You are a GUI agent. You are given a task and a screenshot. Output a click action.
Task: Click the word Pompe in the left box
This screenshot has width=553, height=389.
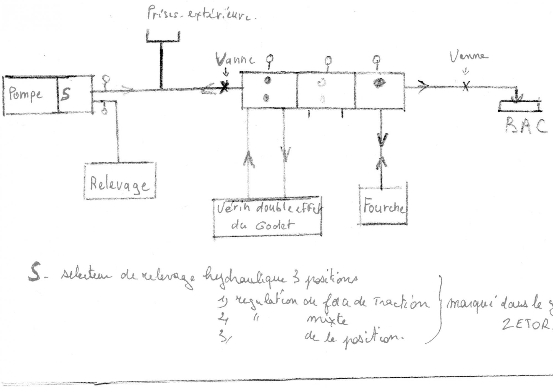[x=26, y=94]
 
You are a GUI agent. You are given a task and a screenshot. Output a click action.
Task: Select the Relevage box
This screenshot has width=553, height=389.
[x=120, y=181]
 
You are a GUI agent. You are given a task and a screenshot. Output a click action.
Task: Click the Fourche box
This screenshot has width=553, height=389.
[x=383, y=206]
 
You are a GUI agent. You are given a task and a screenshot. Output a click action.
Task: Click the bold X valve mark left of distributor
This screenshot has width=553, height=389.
[x=224, y=88]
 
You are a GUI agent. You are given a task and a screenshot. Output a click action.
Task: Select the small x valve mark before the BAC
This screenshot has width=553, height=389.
[x=466, y=87]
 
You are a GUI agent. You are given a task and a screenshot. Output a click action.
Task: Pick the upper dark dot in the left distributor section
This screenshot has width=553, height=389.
[x=267, y=81]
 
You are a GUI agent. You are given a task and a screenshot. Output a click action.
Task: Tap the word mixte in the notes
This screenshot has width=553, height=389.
[x=327, y=320]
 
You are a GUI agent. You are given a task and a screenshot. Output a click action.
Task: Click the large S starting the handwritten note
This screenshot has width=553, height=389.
[x=35, y=272]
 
